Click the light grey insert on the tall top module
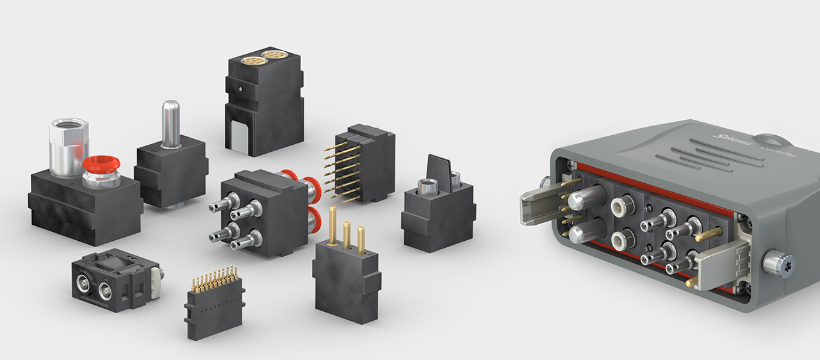[236, 137]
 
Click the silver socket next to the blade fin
[425, 188]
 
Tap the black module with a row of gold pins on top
[213, 307]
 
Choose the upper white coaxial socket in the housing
[620, 206]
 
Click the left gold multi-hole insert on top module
[250, 61]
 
